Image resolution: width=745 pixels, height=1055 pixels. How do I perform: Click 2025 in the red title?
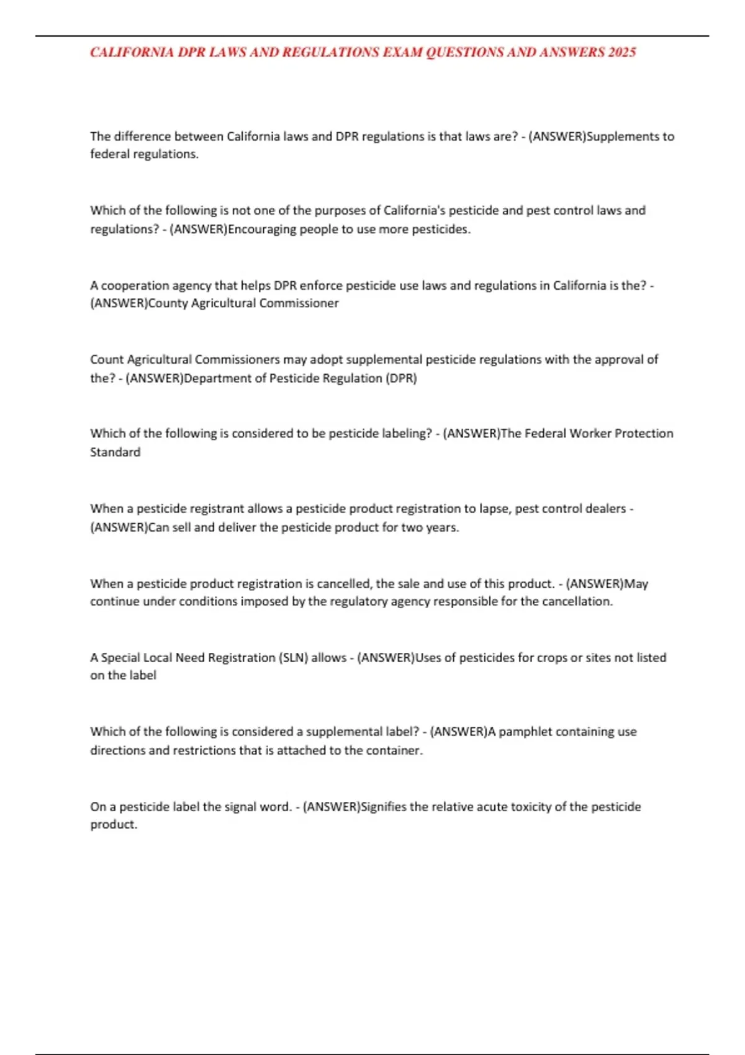click(x=622, y=52)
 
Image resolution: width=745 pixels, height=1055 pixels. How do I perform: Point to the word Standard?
click(x=115, y=452)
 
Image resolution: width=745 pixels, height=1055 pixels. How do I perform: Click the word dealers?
click(x=605, y=508)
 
